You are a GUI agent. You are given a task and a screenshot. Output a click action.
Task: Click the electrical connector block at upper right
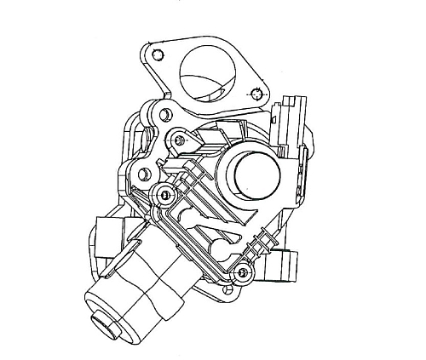pos(291,123)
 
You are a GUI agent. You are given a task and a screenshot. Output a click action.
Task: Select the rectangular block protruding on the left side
pos(108,230)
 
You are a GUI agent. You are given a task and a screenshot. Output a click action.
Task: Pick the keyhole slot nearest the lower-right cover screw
pos(223,252)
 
